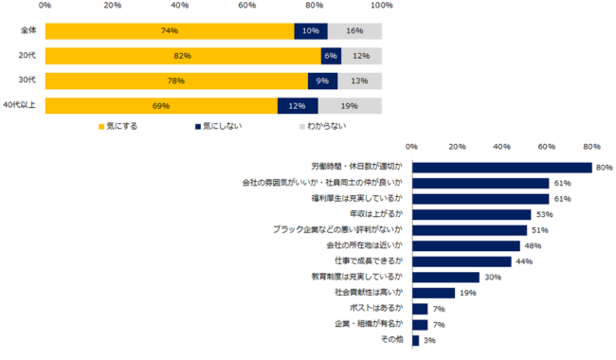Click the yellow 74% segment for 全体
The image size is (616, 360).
170,30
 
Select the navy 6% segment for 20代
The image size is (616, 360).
331,55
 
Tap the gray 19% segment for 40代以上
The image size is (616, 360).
350,105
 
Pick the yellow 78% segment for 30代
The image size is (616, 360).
176,81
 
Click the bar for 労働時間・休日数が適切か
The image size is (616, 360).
502,168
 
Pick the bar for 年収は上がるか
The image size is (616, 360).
472,214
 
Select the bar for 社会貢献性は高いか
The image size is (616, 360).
434,293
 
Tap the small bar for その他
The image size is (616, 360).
416,340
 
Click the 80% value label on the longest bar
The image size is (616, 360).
604,168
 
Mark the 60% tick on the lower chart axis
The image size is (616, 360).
547,147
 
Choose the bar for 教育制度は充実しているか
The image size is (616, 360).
446,277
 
